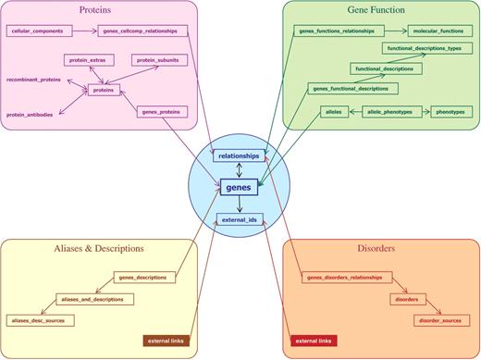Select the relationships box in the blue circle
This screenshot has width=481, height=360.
(x=240, y=156)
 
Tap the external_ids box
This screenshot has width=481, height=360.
(x=239, y=219)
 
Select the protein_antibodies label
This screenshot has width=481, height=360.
(x=30, y=114)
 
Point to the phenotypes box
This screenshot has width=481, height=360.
(x=451, y=111)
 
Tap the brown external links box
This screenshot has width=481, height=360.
(x=166, y=341)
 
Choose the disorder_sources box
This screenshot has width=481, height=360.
(x=439, y=319)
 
